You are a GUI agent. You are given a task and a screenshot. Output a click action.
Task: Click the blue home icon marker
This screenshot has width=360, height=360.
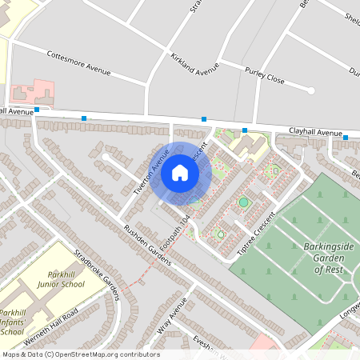[x=180, y=172]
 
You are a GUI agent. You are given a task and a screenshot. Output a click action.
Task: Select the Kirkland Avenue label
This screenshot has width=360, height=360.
[x=194, y=64]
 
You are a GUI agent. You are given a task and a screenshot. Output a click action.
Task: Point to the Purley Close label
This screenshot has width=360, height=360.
[x=265, y=78]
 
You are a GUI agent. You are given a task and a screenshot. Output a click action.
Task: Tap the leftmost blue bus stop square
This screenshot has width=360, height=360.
[x=37, y=110]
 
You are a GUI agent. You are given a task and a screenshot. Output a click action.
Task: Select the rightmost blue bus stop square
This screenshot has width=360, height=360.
[x=346, y=137]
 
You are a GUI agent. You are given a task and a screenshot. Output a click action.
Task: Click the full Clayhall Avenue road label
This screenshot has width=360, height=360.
[x=315, y=132]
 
